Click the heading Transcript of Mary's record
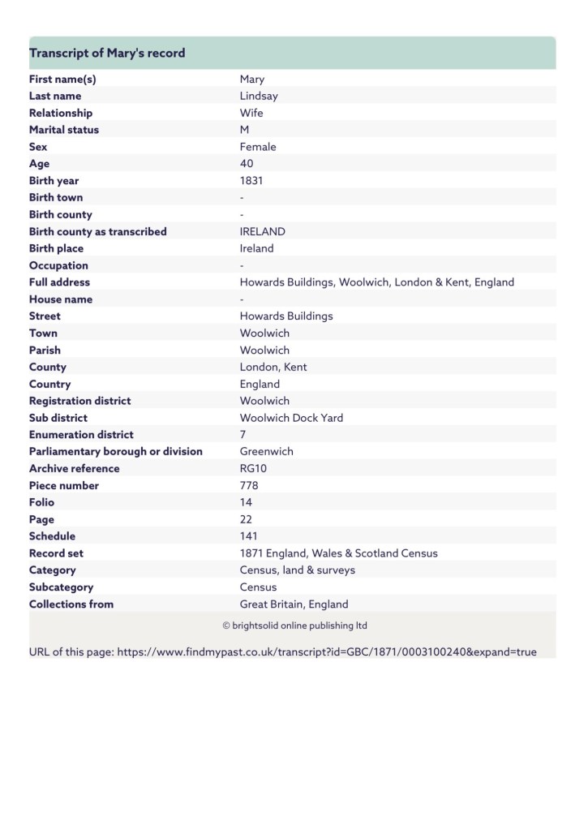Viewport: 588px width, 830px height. pos(107,53)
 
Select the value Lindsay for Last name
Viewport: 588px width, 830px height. pos(259,96)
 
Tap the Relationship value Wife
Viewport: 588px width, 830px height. pos(251,113)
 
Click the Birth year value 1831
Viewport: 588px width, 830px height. pos(251,181)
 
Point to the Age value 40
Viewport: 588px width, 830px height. pos(247,164)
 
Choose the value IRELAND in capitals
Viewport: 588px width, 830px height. pos(263,231)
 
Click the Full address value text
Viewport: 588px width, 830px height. pos(376,282)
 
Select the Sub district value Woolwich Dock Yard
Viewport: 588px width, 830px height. pos(291,418)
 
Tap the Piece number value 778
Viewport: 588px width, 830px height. pos(249,485)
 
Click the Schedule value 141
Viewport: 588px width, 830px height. pos(249,536)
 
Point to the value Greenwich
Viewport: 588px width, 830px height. pos(266,451)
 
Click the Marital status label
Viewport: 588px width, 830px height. pos(64,130)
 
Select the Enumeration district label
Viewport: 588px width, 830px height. pos(81,435)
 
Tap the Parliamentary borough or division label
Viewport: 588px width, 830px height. pos(115,451)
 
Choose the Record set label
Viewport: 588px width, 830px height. pos(56,553)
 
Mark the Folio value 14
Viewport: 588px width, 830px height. pos(246,502)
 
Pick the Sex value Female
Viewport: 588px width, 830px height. pos(258,147)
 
